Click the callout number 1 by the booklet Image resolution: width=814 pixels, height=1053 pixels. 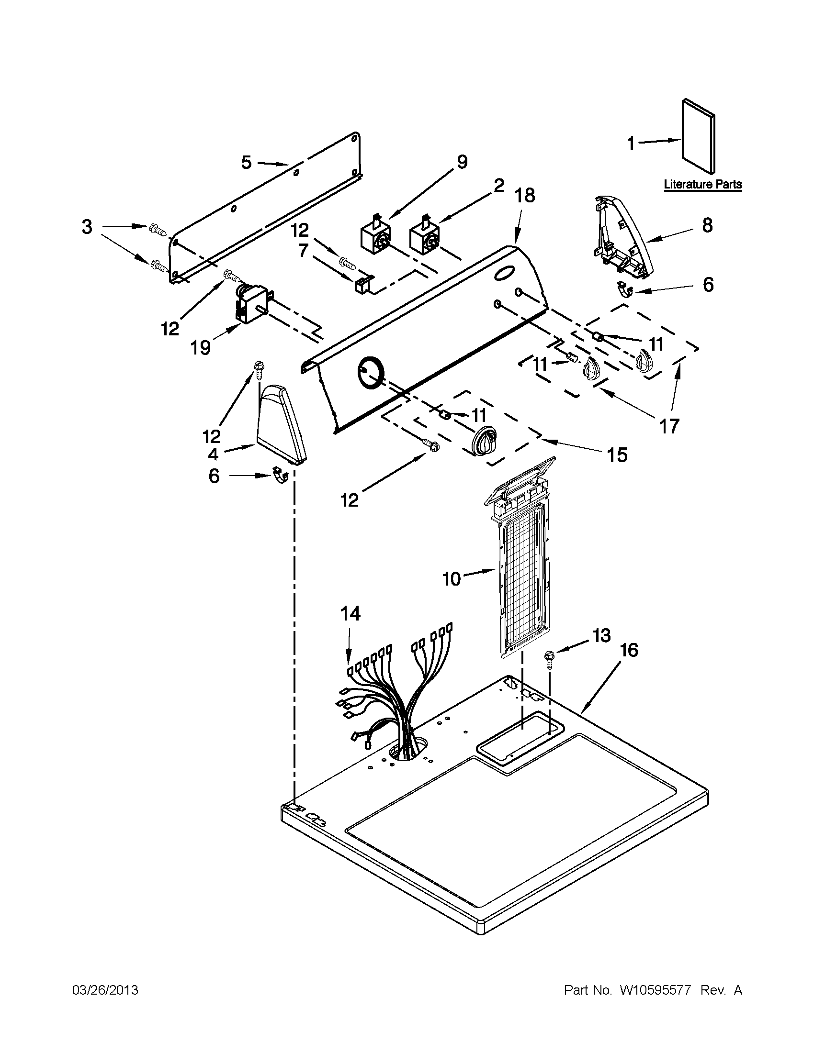tap(631, 143)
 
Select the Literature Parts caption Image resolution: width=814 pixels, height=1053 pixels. tap(702, 184)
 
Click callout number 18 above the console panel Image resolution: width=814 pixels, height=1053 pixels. tap(524, 196)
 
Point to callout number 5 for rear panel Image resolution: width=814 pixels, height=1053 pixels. tap(247, 163)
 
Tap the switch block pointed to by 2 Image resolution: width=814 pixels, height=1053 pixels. tap(423, 237)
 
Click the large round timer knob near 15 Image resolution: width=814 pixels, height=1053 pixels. tap(484, 440)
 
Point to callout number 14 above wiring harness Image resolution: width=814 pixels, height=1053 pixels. tap(350, 614)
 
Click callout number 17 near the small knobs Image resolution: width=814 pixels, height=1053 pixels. tap(669, 425)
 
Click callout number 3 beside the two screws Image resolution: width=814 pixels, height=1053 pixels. tap(87, 227)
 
